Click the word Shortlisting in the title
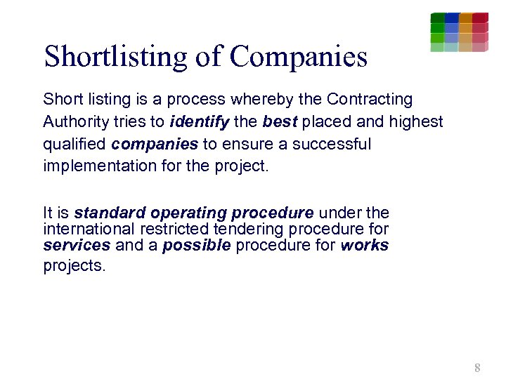(x=115, y=57)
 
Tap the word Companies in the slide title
(x=298, y=57)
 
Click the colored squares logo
(x=459, y=32)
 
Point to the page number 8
(x=478, y=368)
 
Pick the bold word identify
(x=200, y=122)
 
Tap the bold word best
(x=279, y=122)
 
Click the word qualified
(x=74, y=145)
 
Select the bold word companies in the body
(x=155, y=145)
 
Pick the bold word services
(x=77, y=246)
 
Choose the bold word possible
(x=196, y=246)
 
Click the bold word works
(x=364, y=246)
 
